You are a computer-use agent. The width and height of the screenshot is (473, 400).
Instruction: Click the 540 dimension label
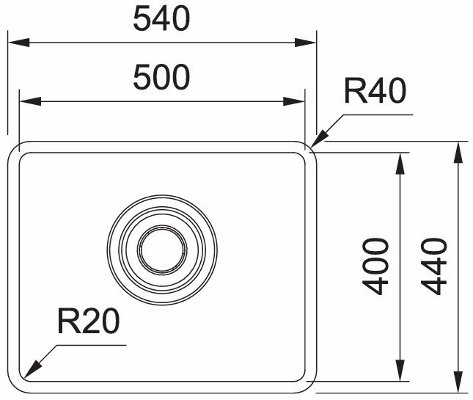(161, 20)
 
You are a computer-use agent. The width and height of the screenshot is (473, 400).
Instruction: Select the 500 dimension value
(161, 77)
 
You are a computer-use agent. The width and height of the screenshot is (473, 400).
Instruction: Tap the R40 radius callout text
(375, 94)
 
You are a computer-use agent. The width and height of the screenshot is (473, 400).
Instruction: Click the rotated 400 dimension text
(376, 266)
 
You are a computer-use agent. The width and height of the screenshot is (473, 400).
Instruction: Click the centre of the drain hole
(162, 247)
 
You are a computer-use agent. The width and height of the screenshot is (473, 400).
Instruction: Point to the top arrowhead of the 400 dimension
(400, 161)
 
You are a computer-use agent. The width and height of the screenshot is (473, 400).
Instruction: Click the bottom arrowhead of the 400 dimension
(400, 374)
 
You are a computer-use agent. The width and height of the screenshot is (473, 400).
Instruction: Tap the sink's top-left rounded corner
(16, 149)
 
